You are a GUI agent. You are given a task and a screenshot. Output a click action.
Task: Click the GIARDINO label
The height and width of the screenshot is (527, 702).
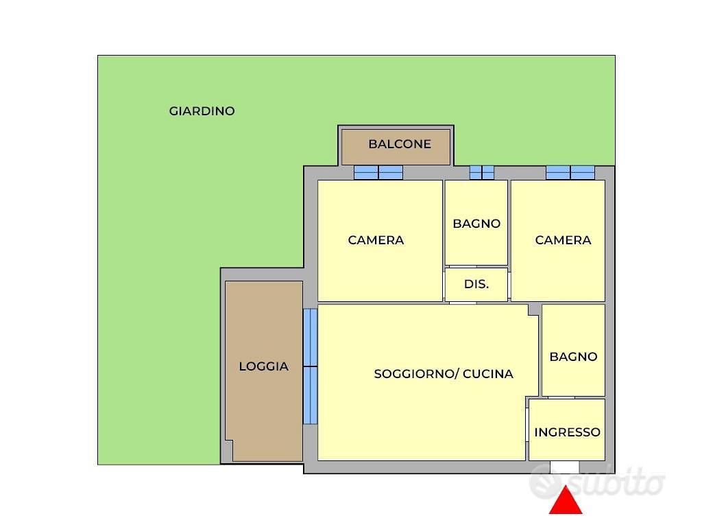[x=202, y=111]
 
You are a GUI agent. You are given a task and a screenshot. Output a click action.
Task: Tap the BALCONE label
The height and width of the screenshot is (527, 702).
[x=400, y=144]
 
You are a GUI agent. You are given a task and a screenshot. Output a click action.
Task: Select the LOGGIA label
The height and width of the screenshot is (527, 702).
[x=264, y=366]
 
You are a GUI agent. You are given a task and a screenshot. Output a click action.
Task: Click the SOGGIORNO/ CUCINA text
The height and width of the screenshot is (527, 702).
[x=444, y=374]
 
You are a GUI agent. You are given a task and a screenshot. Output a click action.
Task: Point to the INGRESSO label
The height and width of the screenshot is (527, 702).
[x=567, y=432]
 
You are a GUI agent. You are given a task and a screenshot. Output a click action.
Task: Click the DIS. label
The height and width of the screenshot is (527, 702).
[x=476, y=283]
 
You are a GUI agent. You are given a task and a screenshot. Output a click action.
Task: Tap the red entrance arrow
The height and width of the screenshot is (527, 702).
[x=566, y=500]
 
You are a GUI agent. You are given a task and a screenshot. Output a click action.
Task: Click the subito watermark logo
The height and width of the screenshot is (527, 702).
[x=597, y=482]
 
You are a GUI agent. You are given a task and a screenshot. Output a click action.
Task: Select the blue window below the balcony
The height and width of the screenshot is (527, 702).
[x=378, y=172]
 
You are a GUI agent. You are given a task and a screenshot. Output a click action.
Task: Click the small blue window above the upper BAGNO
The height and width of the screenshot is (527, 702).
[x=482, y=172]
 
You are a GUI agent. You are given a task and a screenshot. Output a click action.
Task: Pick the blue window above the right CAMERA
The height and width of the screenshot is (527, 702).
[x=570, y=172]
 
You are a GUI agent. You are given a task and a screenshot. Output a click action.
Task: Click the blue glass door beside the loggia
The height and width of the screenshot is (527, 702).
[x=311, y=366]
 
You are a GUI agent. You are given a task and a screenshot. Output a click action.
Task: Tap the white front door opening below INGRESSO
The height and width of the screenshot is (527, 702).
[x=565, y=467]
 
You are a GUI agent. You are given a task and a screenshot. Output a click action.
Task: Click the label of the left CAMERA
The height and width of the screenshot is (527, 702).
[x=376, y=240]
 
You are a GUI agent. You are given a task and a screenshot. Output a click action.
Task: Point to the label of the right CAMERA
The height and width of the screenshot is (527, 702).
[x=564, y=240]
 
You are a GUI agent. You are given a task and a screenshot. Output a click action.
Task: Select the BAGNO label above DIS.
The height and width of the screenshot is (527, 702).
[x=476, y=224]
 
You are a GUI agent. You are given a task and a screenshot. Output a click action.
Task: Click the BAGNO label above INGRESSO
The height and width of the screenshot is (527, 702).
[x=574, y=357]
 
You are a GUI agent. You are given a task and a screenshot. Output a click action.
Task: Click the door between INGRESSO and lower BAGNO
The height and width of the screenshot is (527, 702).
[x=561, y=397]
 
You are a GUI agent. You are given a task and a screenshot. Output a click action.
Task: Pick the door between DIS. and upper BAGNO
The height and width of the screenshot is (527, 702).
[x=463, y=267]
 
